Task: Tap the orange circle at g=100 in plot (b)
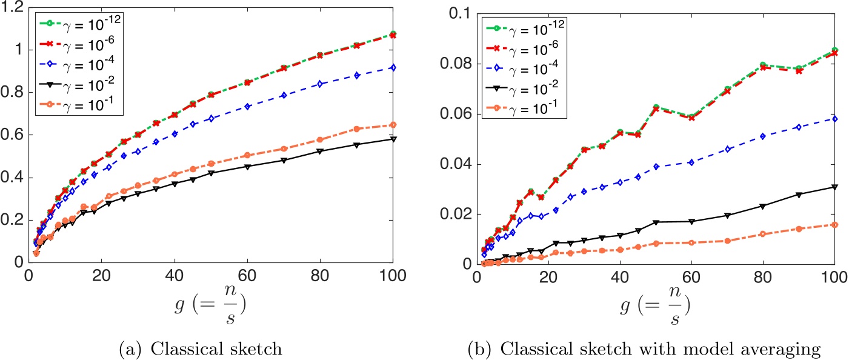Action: (834, 225)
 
